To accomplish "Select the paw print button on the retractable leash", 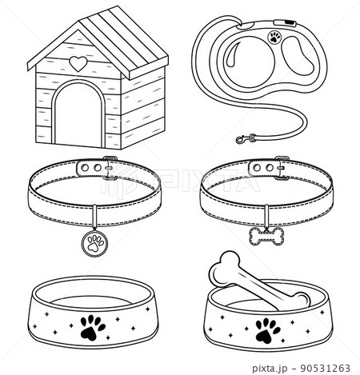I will click(x=276, y=37).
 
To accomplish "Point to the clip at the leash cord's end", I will click(x=242, y=141).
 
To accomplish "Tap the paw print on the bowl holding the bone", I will click(x=265, y=326).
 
